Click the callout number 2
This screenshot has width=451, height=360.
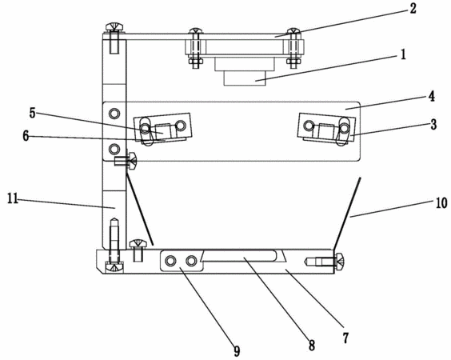pyautogui.click(x=413, y=8)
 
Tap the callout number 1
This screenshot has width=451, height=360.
pyautogui.click(x=403, y=54)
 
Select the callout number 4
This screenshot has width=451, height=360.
pyautogui.click(x=432, y=97)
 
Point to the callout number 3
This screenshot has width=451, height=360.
pyautogui.click(x=433, y=124)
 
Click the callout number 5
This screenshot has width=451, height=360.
pyautogui.click(x=33, y=113)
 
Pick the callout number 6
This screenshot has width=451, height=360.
pyautogui.click(x=26, y=136)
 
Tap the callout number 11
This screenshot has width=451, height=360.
pyautogui.click(x=13, y=198)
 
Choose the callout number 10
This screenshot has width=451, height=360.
pyautogui.click(x=441, y=203)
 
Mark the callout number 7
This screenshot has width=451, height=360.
pyautogui.click(x=345, y=338)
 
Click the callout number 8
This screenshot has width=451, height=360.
pyautogui.click(x=312, y=345)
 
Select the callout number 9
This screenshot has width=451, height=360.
pyautogui.click(x=237, y=350)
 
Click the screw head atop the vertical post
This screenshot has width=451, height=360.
pyautogui.click(x=114, y=27)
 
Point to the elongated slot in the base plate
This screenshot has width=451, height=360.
pyautogui.click(x=240, y=256)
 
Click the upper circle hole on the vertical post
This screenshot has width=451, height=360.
pyautogui.click(x=114, y=114)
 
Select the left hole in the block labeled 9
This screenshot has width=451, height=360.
pyautogui.click(x=170, y=261)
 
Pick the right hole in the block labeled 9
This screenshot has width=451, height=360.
pyautogui.click(x=190, y=261)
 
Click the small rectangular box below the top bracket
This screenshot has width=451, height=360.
pyautogui.click(x=245, y=78)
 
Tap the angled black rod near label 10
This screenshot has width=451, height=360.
pyautogui.click(x=346, y=214)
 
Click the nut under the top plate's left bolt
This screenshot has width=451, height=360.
pyautogui.click(x=196, y=61)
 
